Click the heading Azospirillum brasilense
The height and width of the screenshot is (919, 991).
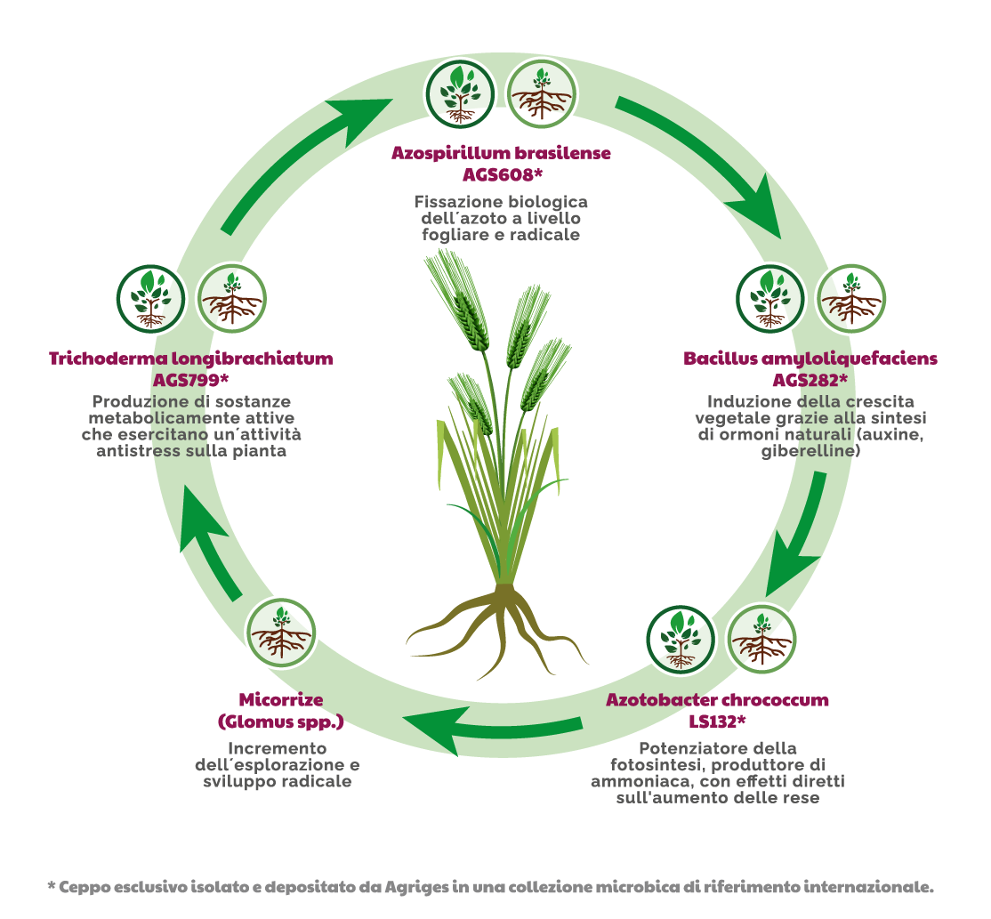tap(501, 153)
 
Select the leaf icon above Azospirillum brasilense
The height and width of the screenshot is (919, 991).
tap(460, 94)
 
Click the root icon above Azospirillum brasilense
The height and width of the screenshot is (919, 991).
tap(542, 94)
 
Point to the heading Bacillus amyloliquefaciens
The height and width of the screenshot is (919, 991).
tap(810, 359)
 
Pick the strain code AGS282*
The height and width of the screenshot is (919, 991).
tap(810, 380)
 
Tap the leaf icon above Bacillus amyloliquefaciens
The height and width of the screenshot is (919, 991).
tap(770, 299)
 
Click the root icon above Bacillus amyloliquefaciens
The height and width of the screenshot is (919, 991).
tap(851, 299)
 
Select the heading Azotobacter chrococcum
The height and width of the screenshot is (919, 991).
tap(717, 700)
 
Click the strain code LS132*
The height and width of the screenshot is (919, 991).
tap(717, 721)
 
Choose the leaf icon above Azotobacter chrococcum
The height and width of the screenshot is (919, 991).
tap(681, 641)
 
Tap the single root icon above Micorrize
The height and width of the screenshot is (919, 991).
tap(280, 633)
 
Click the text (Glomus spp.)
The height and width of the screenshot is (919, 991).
tap(280, 721)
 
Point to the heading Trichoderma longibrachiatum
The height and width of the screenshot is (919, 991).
tap(191, 359)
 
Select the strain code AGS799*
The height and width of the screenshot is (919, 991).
tap(191, 380)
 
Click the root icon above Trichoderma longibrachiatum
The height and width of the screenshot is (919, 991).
tap(232, 299)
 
